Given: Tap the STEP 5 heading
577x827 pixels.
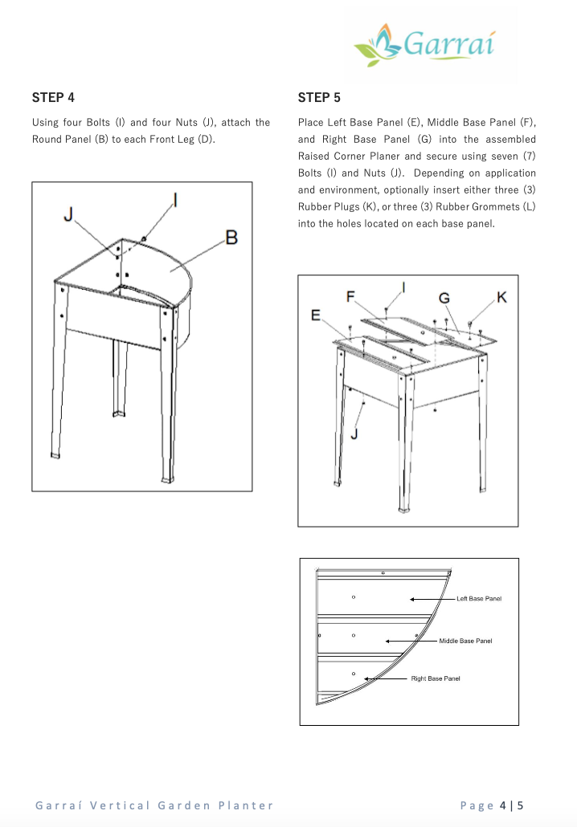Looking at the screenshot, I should (x=319, y=98).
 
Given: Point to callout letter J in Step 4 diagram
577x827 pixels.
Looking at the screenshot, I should (x=69, y=214).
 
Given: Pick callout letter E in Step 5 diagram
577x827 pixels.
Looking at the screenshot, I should (x=317, y=316).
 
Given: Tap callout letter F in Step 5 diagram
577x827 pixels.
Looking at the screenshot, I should (x=351, y=297).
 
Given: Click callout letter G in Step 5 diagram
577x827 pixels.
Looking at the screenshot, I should (x=444, y=298).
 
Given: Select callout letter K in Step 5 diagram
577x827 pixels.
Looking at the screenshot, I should (x=502, y=298).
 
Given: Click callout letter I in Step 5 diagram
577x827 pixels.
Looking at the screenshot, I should (x=403, y=287).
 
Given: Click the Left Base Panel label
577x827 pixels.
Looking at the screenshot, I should (x=479, y=599).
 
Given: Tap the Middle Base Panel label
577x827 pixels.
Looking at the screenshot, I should (x=465, y=641).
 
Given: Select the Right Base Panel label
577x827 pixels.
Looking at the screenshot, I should (x=436, y=679).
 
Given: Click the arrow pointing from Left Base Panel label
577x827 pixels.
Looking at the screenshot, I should (x=432, y=599).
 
